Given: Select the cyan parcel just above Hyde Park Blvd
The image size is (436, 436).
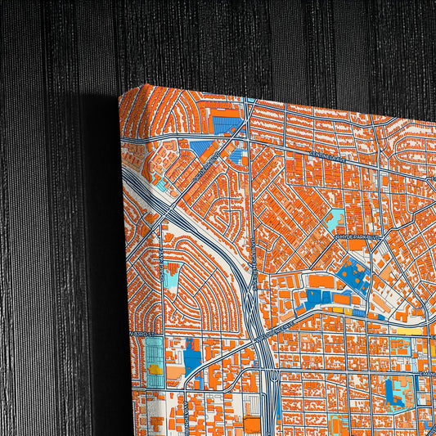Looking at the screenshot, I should pyautogui.click(x=336, y=218).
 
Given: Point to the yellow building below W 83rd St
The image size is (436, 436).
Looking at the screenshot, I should pyautogui.click(x=155, y=370).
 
